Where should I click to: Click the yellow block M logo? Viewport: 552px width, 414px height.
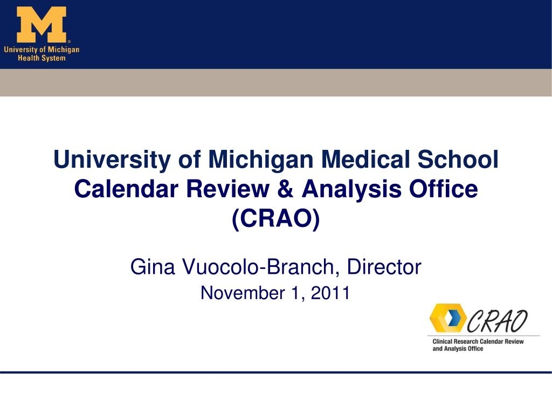point(42,25)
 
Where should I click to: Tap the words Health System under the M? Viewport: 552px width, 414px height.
point(42,58)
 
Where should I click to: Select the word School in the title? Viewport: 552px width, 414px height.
point(458,159)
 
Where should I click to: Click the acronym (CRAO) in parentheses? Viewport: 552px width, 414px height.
point(276,219)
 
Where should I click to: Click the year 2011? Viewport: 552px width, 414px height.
point(330,293)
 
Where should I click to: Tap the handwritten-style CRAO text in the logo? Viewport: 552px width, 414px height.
point(497,321)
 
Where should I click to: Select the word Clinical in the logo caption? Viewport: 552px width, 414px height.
point(442,341)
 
